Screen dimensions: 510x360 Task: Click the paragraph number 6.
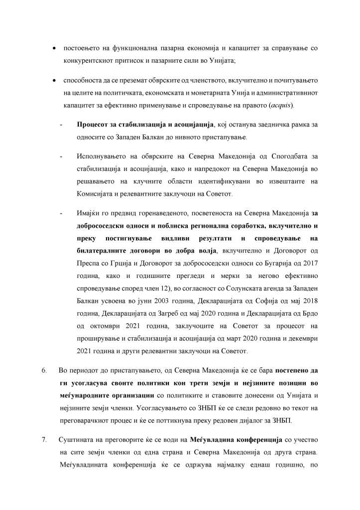44,372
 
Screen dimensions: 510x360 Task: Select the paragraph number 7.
44,440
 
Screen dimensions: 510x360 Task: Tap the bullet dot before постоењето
54,49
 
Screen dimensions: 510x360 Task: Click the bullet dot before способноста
54,80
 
